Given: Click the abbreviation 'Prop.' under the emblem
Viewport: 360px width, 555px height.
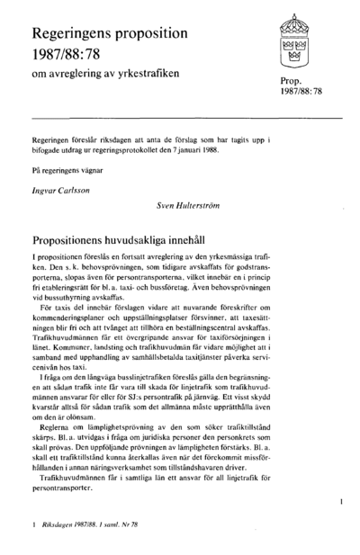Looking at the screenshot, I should click(x=294, y=81).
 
